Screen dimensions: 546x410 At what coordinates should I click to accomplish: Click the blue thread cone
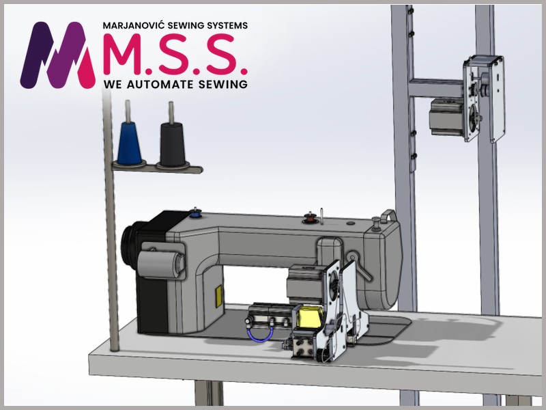point(129,143)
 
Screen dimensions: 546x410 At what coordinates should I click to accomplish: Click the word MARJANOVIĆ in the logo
point(133,25)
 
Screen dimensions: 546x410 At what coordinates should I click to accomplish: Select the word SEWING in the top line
point(186,25)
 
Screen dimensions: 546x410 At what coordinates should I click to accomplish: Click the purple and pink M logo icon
point(58,55)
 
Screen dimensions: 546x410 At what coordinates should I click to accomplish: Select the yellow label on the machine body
point(218,296)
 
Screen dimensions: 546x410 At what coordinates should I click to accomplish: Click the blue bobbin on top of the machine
point(195,213)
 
